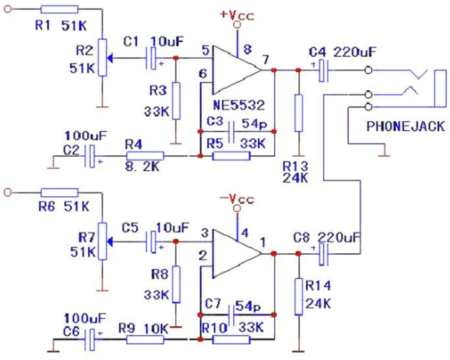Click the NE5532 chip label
click(239, 105)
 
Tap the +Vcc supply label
click(237, 15)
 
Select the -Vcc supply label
click(237, 198)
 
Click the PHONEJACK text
click(405, 126)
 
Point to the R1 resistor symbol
click(59, 9)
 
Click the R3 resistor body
click(176, 101)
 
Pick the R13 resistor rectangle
click(299, 113)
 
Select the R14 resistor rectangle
click(299, 297)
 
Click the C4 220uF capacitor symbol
click(323, 70)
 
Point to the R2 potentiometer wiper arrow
click(110, 58)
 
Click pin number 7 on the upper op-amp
click(266, 59)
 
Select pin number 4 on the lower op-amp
click(244, 233)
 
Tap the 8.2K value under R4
click(142, 167)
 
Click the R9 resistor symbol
click(145, 340)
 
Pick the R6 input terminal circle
click(8, 193)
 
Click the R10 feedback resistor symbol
click(231, 340)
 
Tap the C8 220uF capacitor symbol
click(323, 254)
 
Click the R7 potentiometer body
click(102, 241)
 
